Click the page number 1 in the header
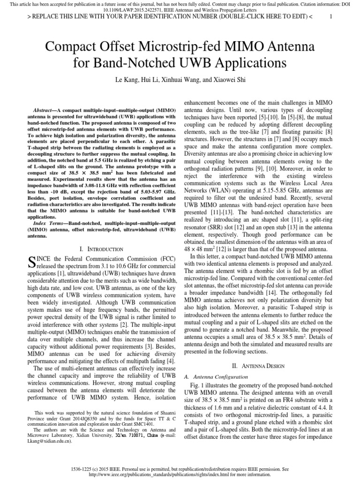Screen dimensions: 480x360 (x=331, y=16)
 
